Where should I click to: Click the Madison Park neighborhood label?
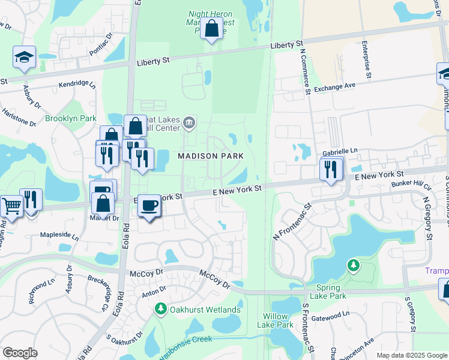211,156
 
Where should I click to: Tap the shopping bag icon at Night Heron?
211,28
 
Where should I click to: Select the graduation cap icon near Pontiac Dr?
24,58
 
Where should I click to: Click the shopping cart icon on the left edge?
10,205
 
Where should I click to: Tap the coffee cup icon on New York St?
149,206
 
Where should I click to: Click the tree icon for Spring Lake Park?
354,265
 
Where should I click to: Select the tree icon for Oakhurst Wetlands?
160,309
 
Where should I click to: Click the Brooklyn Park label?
71,119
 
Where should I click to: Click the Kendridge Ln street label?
77,85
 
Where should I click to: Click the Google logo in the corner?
20,353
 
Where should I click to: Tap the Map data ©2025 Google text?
411,355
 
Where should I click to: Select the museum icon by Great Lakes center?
189,123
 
